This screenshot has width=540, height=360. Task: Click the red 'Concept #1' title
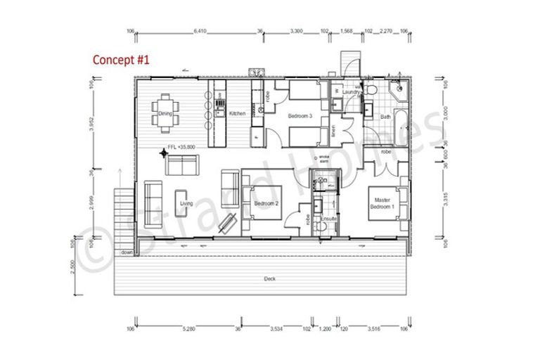122,60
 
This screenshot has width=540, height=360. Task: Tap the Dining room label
165,113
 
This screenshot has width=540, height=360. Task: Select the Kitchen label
238,113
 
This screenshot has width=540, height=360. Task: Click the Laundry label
352,91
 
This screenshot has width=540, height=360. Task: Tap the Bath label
385,117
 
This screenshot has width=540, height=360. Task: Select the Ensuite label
328,219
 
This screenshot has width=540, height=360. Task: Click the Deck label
269,278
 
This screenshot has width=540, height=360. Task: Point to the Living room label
186,204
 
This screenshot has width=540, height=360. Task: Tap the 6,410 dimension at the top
200,31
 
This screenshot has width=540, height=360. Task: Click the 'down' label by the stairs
127,252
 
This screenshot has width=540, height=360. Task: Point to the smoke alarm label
324,159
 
